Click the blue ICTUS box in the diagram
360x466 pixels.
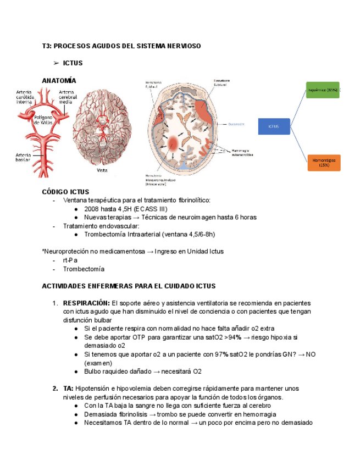click(273, 126)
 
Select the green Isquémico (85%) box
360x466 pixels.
click(323, 90)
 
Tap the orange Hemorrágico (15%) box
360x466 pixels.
click(324, 162)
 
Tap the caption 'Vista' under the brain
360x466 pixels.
click(102, 170)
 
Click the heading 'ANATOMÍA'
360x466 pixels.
click(59, 81)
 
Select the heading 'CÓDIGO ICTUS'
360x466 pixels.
click(65, 192)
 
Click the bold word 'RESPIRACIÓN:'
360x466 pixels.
click(86, 303)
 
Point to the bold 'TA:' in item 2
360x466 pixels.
click(68, 389)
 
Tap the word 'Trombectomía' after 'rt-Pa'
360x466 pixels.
click(84, 269)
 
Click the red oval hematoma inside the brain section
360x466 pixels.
click(177, 143)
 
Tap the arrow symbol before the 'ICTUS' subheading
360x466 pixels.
click(56, 63)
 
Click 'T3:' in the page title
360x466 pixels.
click(47, 46)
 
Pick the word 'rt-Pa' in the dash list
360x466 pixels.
click(70, 260)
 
